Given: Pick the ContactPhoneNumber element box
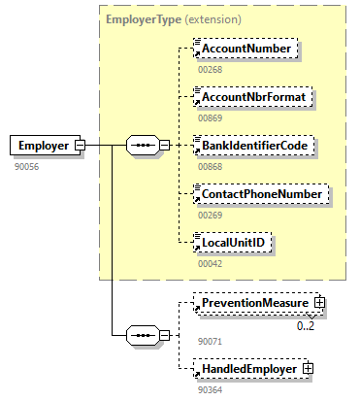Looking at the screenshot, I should point(259,194).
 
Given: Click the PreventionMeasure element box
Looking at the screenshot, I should point(254,304).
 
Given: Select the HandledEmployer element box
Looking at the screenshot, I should point(248,369).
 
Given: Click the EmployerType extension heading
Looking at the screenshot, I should point(174,17).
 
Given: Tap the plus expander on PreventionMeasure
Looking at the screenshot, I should point(318,304).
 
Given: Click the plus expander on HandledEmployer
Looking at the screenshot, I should point(309,369).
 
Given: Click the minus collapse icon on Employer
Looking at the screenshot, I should point(80,146).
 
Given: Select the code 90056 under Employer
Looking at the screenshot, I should point(26,167).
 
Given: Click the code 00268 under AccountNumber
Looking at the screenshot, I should point(211,69).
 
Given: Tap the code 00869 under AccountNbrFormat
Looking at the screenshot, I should point(211,118).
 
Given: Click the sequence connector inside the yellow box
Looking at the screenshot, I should point(143,146).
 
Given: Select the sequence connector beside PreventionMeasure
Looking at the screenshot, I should point(143,337).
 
